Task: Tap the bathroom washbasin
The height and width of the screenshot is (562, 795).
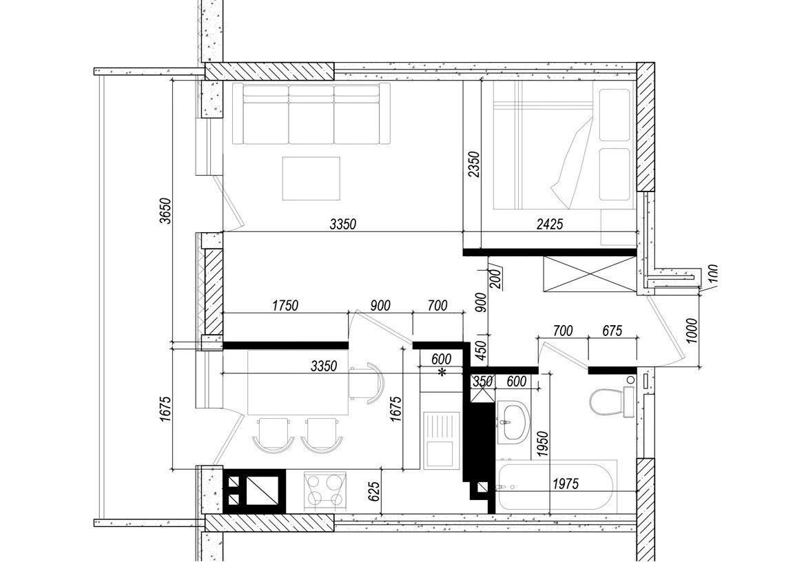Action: point(513,421)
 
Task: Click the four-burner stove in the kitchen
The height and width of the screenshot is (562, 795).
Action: point(325,490)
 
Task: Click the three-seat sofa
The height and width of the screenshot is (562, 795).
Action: point(311,114)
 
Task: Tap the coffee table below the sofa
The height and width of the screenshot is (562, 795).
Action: point(311,178)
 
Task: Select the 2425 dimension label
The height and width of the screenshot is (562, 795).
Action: point(550,223)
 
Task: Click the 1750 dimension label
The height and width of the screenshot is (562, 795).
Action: point(285,306)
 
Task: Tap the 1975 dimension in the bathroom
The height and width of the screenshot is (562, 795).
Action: point(566,484)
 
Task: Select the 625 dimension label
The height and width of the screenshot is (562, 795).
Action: point(373,492)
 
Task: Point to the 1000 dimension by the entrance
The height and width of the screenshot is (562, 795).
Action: point(692,331)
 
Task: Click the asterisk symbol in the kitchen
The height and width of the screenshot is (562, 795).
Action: point(442,373)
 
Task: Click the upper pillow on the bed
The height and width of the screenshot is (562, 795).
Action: point(614,115)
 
